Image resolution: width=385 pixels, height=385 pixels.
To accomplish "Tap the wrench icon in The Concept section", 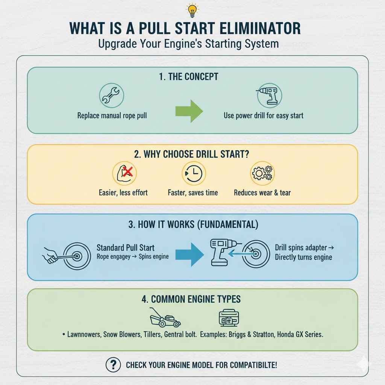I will coord(112,95).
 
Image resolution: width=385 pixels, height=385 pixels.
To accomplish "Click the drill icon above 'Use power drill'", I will coord(269,95).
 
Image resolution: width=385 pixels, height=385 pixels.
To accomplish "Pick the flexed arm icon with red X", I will coord(125,173).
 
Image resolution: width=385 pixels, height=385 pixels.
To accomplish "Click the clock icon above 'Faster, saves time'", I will coord(193,173).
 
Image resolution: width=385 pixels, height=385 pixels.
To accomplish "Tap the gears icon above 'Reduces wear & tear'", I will coord(262,173).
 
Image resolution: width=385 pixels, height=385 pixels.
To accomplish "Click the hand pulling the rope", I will coord(50,257).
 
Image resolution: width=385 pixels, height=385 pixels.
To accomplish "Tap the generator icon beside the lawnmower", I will coord(229,318).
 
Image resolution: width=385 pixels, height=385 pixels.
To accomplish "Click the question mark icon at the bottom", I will coord(114,364).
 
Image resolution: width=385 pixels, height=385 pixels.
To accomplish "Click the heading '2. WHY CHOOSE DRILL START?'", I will coord(192,155).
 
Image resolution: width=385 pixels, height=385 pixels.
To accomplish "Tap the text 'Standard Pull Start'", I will coord(126,248).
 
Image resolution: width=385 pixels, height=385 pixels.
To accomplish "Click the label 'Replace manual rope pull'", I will coord(112,115).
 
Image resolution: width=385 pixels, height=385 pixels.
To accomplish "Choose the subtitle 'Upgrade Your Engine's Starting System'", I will coord(188,44).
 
